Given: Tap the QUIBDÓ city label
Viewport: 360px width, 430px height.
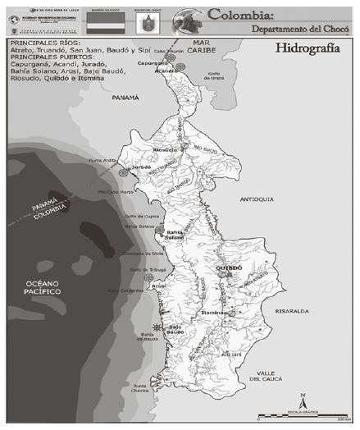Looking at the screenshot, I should [230, 268].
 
